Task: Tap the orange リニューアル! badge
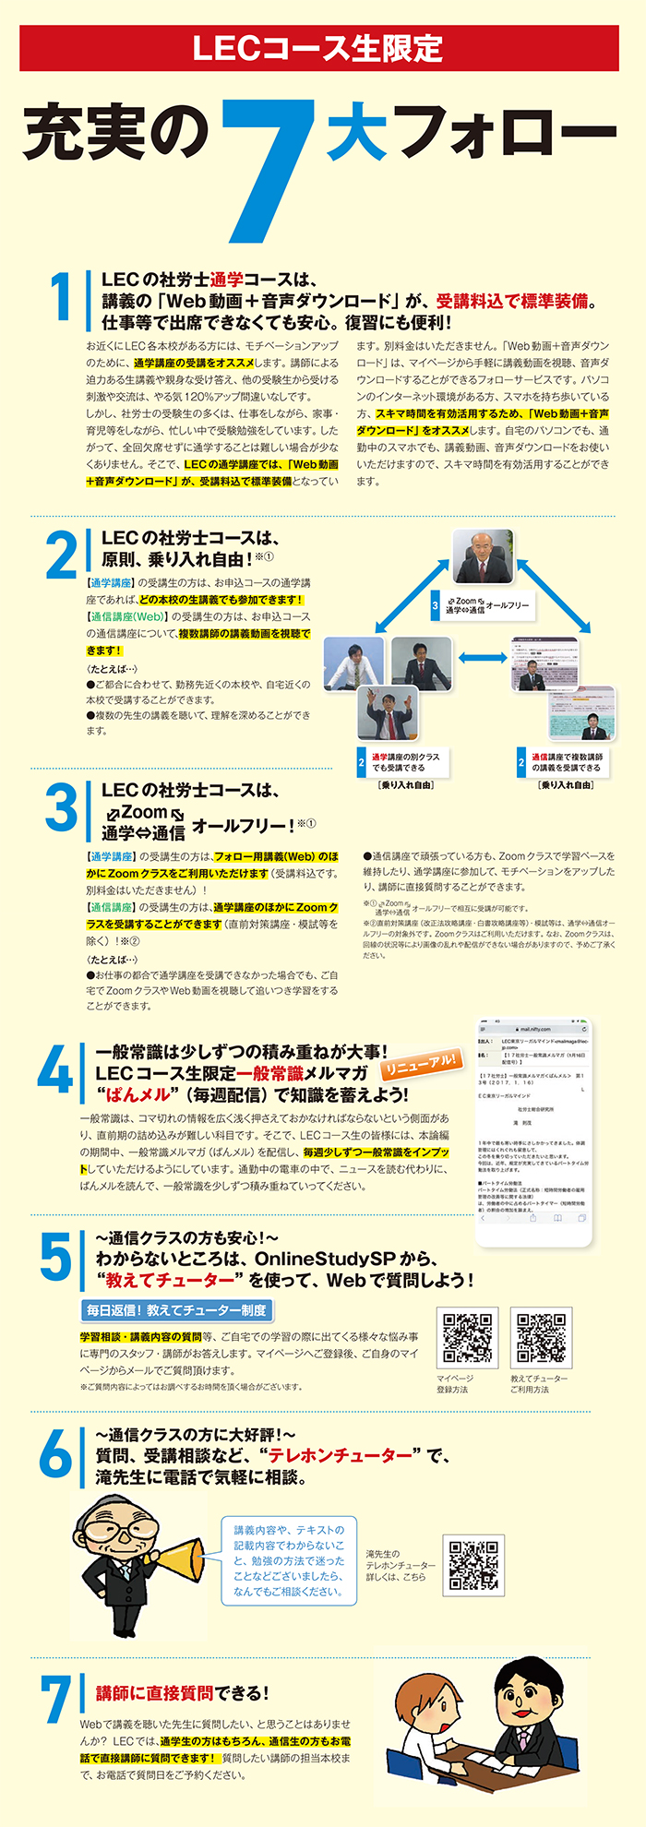(x=421, y=1065)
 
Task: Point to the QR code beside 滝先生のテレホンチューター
(x=473, y=1566)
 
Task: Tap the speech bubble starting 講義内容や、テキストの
(x=288, y=1560)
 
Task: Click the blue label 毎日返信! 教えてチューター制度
(x=176, y=1310)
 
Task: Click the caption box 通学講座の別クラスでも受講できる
(x=405, y=761)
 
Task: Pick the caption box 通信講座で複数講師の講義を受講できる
(x=566, y=761)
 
